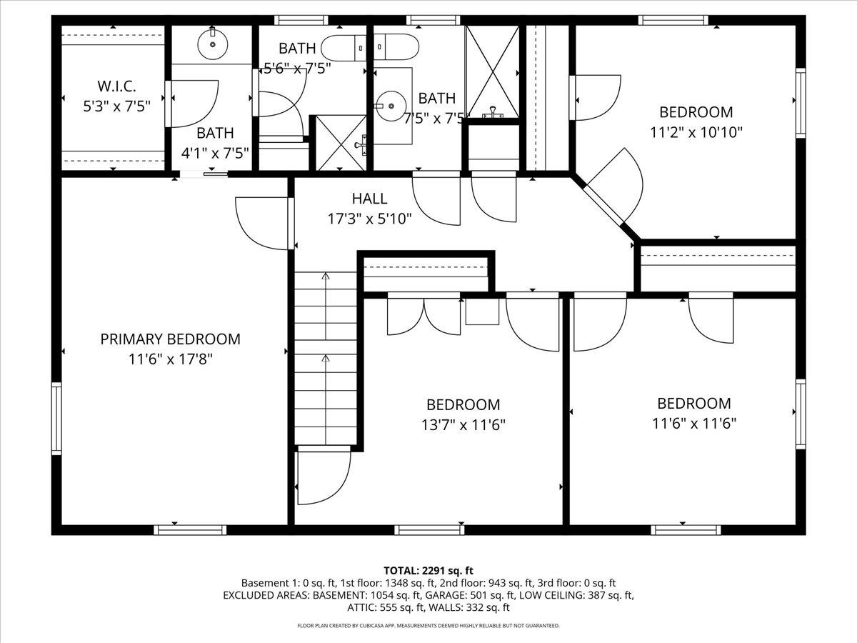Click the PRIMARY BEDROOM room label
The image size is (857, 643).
[x=170, y=339]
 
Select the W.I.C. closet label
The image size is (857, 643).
[x=114, y=86]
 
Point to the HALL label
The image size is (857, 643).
[x=369, y=199]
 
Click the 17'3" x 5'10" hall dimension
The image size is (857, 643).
[x=369, y=219]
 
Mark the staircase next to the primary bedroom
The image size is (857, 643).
[x=326, y=357]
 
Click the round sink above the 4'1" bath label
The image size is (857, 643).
[x=212, y=44]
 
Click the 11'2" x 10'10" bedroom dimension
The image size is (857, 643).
[x=696, y=132]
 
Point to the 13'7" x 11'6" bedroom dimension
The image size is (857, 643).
[x=463, y=425]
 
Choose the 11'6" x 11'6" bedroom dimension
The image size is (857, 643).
[x=693, y=423]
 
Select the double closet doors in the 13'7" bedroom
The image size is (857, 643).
[x=424, y=316]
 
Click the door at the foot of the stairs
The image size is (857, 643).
[x=323, y=474]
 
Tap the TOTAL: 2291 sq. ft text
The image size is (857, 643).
[x=428, y=570]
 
